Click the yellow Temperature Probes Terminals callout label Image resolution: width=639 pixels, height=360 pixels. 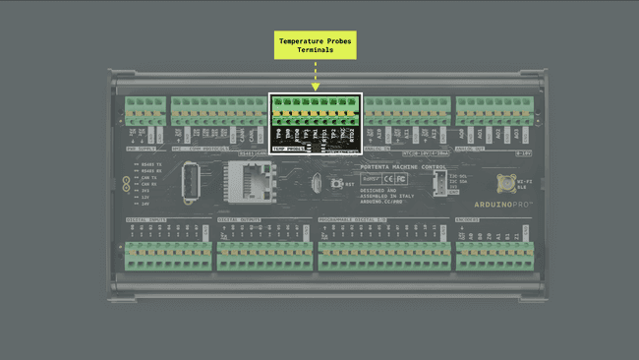pos(315,45)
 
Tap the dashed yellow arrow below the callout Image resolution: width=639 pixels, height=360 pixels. pos(315,75)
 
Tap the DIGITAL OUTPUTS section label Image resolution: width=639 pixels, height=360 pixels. pos(241,220)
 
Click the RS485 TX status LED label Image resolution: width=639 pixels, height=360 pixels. pos(147,164)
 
